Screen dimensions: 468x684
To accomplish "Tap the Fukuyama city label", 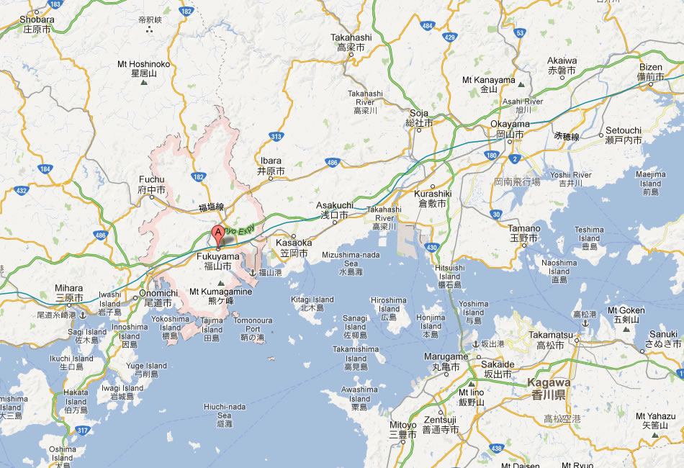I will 217,261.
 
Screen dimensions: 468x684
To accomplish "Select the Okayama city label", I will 510,128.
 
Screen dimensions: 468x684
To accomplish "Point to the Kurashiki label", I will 432,199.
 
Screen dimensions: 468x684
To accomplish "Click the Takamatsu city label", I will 550,340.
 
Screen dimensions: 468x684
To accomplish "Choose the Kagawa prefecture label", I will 549,388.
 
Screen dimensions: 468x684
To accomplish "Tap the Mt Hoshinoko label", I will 144,68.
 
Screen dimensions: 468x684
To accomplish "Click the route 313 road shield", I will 276,135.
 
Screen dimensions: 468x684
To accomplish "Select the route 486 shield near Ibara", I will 332,163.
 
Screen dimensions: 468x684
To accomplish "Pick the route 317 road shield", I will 83,431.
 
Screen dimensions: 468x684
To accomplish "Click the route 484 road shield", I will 428,26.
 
